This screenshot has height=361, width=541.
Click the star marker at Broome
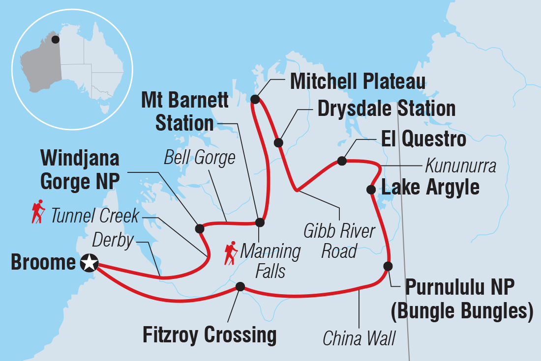point(89,263)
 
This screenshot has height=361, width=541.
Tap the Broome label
point(43,263)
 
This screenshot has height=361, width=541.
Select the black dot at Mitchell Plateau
point(255,99)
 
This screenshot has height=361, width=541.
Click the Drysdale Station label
point(386,109)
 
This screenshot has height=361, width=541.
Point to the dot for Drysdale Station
point(278,143)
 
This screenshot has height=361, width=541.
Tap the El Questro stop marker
point(341,161)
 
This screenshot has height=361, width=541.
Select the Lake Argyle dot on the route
point(372,190)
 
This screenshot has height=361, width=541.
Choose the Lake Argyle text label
point(430,188)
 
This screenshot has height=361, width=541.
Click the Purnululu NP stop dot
point(388,266)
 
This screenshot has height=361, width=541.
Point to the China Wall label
point(359,338)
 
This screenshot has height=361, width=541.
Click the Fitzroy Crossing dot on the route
point(240,287)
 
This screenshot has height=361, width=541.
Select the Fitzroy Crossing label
point(210,335)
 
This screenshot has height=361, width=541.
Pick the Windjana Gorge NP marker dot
point(199,228)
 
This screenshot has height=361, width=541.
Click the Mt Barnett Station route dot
point(260,222)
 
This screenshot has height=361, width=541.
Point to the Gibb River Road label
point(339,241)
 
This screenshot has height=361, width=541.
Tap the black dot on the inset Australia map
point(55,39)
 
